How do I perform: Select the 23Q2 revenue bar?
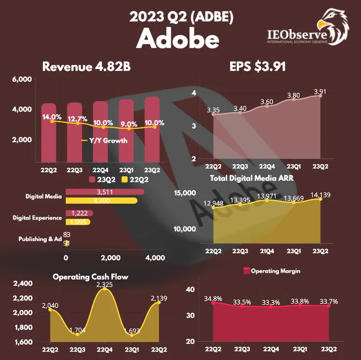click(x=152, y=132)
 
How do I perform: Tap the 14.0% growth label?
click(x=52, y=117)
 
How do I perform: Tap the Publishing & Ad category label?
click(x=40, y=239)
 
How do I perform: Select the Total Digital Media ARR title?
click(x=252, y=179)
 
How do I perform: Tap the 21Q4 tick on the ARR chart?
click(x=266, y=250)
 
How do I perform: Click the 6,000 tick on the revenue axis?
click(x=21, y=79)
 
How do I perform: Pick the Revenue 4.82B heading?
click(x=86, y=67)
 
